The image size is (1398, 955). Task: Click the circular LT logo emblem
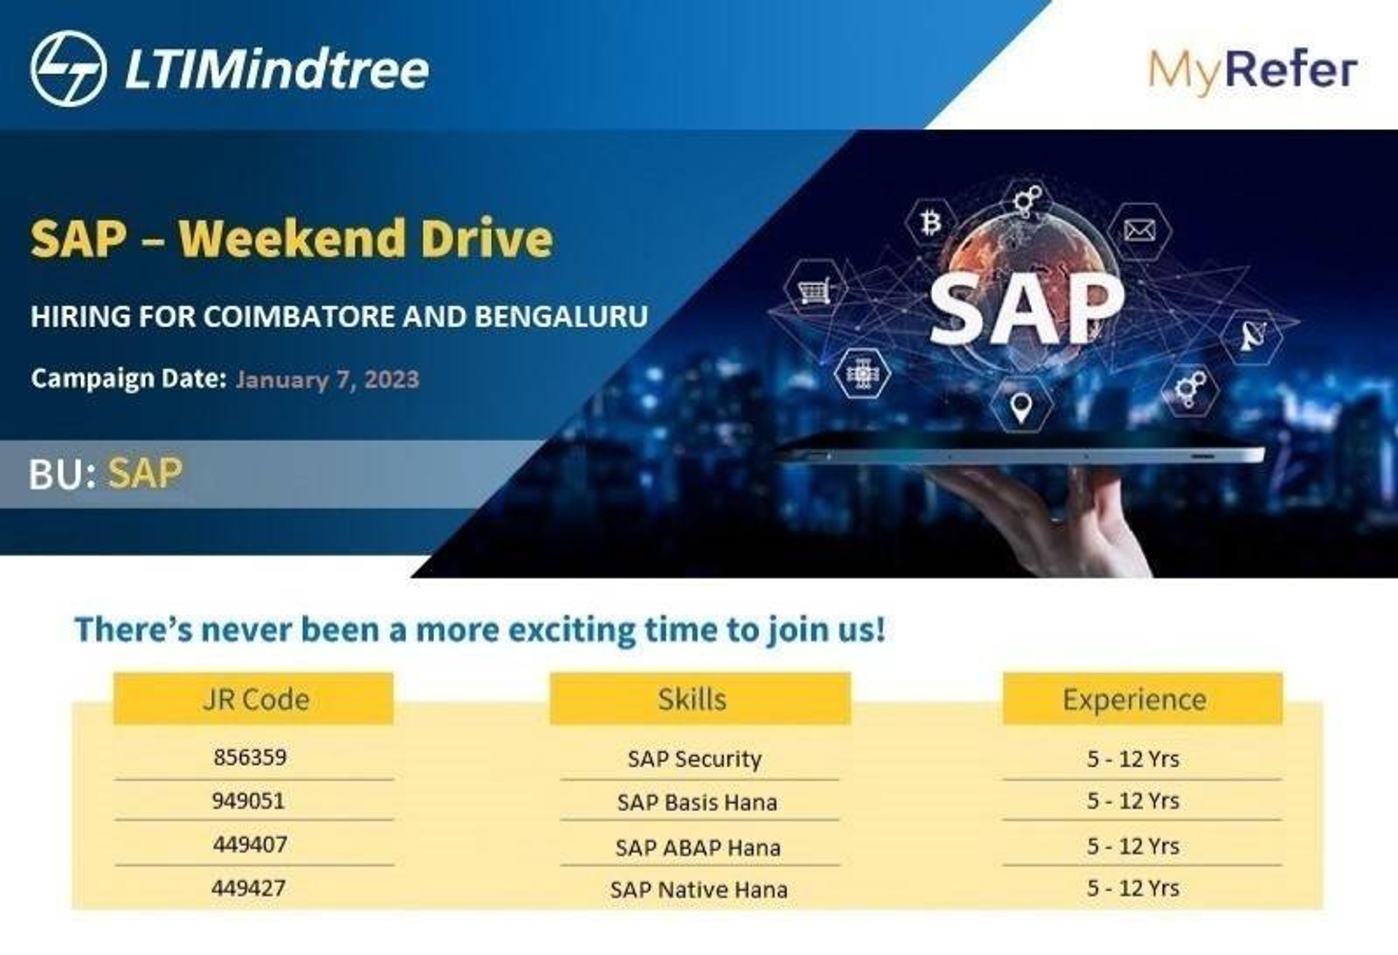point(68,69)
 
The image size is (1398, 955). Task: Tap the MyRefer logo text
point(1253,71)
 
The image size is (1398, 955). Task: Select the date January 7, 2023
point(327,379)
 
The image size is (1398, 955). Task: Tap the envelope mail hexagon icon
point(1139,231)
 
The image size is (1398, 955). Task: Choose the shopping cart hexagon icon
point(814,289)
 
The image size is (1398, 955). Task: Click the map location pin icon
point(1020,407)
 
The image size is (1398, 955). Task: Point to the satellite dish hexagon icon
point(1251,335)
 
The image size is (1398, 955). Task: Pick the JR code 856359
point(250,757)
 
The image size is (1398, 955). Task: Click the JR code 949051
point(248,800)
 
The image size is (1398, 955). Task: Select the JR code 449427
point(248,888)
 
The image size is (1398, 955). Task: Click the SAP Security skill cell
point(694,759)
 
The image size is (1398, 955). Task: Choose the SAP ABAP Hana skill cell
point(697,847)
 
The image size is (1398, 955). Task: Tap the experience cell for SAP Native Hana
point(1133,888)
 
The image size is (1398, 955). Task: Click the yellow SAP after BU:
point(145,473)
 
